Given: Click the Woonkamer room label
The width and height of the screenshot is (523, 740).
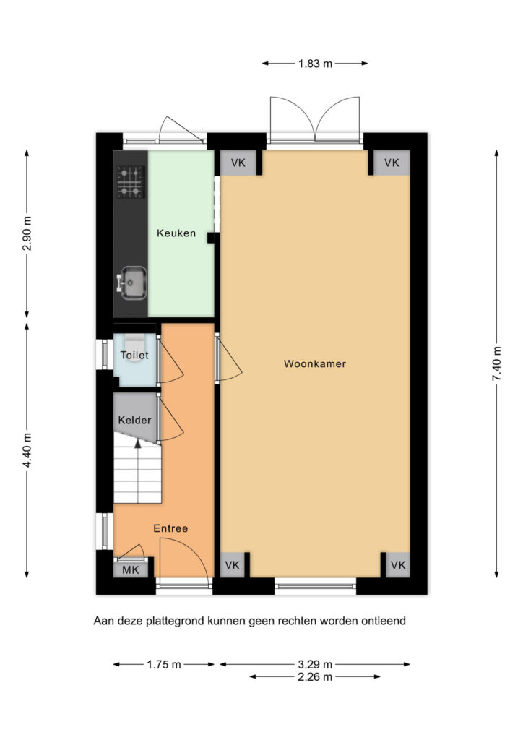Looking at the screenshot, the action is pyautogui.click(x=314, y=364).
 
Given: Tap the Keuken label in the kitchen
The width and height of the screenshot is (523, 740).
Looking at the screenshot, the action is pyautogui.click(x=176, y=233).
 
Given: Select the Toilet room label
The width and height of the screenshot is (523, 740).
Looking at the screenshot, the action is pyautogui.click(x=134, y=355).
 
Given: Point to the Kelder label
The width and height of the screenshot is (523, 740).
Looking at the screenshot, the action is pyautogui.click(x=134, y=420).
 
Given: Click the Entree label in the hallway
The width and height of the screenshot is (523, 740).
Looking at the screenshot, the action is pyautogui.click(x=170, y=528).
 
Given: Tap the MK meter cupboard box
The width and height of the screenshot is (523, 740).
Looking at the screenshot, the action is pyautogui.click(x=131, y=569).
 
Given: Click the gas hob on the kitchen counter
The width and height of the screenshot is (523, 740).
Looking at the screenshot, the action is pyautogui.click(x=131, y=181).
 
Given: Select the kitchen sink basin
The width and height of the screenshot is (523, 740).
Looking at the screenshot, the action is pyautogui.click(x=134, y=283).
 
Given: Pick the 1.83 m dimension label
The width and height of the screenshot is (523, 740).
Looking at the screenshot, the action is pyautogui.click(x=315, y=64).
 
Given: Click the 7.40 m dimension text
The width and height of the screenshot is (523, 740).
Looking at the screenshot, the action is pyautogui.click(x=496, y=363).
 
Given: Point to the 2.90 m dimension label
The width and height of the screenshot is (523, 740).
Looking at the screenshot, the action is pyautogui.click(x=27, y=233).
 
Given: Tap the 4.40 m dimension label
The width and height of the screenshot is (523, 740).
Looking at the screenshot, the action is pyautogui.click(x=27, y=450).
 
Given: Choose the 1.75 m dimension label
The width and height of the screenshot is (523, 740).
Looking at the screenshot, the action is pyautogui.click(x=164, y=665).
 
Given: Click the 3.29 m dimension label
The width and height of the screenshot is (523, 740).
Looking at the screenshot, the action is pyautogui.click(x=315, y=665).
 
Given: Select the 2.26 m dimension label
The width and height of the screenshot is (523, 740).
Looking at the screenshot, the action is pyautogui.click(x=315, y=677).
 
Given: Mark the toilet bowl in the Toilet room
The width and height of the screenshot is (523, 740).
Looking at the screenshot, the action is pyautogui.click(x=135, y=341).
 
